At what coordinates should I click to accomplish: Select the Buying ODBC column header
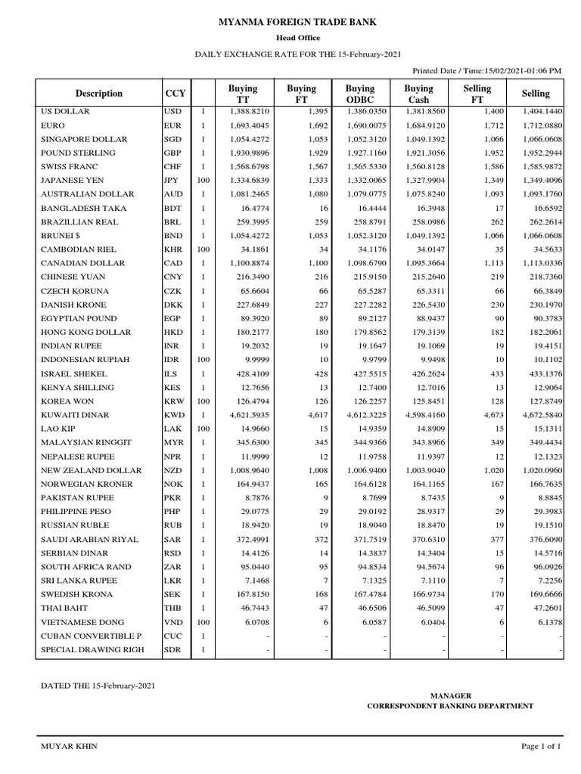point(359,94)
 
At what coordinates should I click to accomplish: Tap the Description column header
point(99,94)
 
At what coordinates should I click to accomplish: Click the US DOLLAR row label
point(65,111)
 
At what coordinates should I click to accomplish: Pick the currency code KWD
point(173,415)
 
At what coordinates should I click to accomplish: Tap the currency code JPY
point(172,181)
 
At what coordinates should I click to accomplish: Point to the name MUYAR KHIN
point(69,746)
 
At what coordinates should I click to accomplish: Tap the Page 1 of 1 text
point(541,746)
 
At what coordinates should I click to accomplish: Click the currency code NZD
point(173,470)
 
